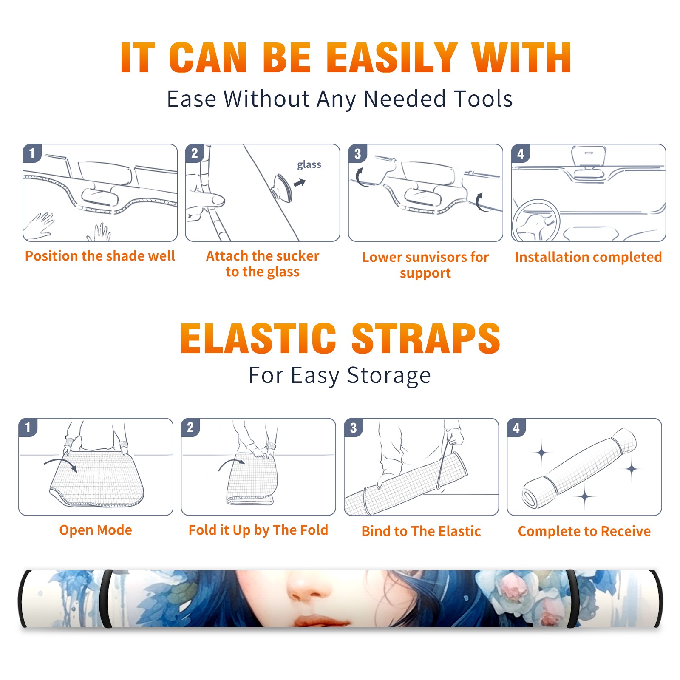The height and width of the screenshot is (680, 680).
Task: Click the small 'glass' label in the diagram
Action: click(x=309, y=165)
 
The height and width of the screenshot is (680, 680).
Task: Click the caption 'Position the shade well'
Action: click(x=100, y=256)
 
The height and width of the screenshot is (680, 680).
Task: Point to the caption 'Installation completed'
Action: click(x=588, y=257)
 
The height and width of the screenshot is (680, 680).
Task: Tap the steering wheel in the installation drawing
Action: click(x=536, y=221)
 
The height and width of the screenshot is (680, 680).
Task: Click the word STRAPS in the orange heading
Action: click(x=426, y=338)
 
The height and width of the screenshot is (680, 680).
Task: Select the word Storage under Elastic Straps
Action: click(x=389, y=376)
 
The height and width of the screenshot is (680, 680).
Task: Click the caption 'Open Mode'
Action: click(x=96, y=530)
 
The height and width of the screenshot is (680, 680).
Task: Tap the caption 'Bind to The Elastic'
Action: click(x=421, y=531)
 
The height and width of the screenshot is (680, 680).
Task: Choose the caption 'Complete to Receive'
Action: click(x=584, y=531)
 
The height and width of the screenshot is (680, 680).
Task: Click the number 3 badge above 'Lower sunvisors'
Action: click(x=357, y=153)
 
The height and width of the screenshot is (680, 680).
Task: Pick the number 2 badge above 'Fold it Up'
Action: click(x=190, y=427)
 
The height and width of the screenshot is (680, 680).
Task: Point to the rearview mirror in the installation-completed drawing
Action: click(x=589, y=156)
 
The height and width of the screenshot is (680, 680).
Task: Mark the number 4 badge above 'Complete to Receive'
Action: click(x=516, y=428)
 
